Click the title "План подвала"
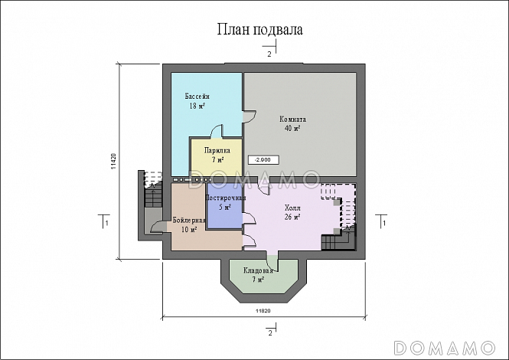(x=259, y=29)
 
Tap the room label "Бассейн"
(x=197, y=97)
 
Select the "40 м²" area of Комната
(x=292, y=129)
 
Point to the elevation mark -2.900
(x=263, y=160)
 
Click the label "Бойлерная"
(x=189, y=221)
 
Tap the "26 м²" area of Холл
(x=292, y=217)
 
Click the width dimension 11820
(x=263, y=311)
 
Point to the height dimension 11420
(x=113, y=162)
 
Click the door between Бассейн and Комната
(x=250, y=117)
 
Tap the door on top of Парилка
(x=217, y=132)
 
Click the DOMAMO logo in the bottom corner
(x=444, y=348)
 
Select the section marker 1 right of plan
(x=382, y=221)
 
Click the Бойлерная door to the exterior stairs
(x=158, y=227)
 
